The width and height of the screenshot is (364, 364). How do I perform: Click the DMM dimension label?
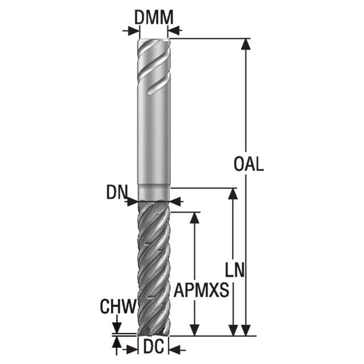click(x=154, y=18)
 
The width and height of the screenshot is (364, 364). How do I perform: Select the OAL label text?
click(x=249, y=164)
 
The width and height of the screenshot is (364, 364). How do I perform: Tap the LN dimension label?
click(x=235, y=270)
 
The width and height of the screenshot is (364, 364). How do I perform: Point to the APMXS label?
click(x=201, y=290)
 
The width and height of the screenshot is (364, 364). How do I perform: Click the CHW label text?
click(x=118, y=307)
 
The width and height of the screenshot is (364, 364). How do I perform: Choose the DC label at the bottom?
click(x=154, y=347)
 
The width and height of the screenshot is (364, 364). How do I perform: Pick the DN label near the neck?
click(x=117, y=192)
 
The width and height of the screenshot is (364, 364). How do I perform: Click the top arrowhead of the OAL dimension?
click(x=246, y=44)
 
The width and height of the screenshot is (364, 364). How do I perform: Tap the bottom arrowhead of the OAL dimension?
click(x=246, y=330)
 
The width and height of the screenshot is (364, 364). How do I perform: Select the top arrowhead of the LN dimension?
click(x=233, y=193)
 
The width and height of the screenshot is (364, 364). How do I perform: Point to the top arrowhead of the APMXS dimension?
click(x=195, y=218)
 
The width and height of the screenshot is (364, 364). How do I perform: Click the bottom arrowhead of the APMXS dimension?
click(x=195, y=330)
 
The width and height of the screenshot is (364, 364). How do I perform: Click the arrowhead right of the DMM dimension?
click(x=174, y=31)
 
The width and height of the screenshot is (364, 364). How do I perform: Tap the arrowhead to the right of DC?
click(x=175, y=349)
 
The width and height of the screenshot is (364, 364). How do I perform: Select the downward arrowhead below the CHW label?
click(x=117, y=328)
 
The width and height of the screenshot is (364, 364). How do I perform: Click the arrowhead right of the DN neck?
click(x=176, y=201)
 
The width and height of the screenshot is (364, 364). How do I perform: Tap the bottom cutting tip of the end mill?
click(x=153, y=334)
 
